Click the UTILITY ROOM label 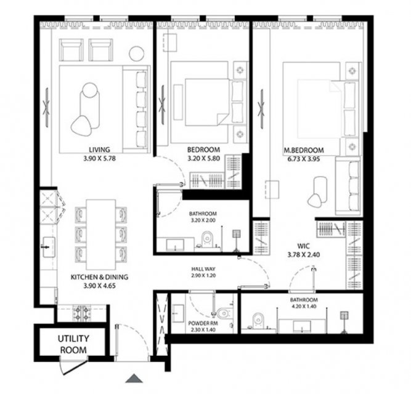73,344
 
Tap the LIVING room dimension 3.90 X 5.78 99,158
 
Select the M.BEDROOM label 304,150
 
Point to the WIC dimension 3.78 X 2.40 304,254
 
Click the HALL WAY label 203,269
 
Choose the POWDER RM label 203,323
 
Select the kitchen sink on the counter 49,247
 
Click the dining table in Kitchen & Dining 101,235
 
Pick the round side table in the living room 136,54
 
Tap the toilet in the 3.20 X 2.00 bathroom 206,239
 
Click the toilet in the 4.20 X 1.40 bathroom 258,320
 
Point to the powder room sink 179,313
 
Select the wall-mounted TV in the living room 46,108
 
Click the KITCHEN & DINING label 99,277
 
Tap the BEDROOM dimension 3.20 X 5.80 204,158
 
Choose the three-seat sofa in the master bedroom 348,186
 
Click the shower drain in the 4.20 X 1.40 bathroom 344,315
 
